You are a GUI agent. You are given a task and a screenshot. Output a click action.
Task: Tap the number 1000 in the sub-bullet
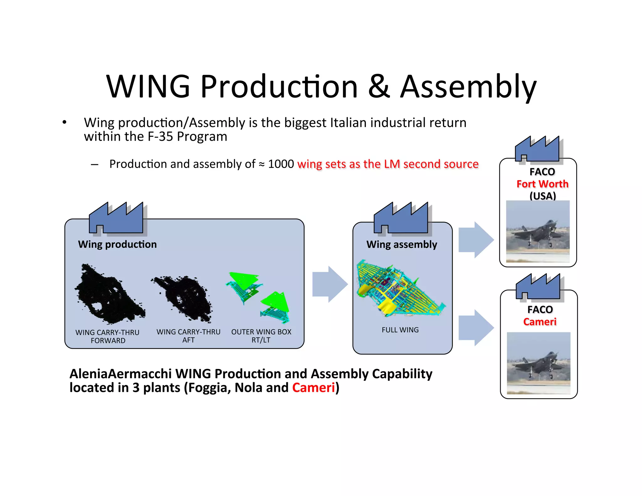[281, 164]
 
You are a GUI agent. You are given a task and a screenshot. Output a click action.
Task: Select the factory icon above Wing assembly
[401, 219]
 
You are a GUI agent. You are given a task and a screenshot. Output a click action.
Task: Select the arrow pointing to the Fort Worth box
[476, 240]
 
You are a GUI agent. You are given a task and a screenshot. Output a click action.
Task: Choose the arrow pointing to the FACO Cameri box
[476, 328]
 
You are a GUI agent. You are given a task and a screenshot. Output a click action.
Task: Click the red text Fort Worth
[542, 184]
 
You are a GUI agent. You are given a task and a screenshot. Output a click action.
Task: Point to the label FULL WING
[400, 330]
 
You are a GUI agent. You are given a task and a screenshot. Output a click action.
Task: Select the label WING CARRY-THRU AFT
[188, 336]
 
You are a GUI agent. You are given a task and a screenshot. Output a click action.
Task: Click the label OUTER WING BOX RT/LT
[261, 336]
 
